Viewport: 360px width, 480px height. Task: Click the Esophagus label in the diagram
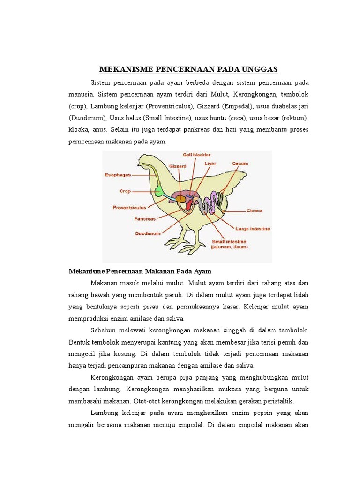118,175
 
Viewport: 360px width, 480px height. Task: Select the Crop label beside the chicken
125,191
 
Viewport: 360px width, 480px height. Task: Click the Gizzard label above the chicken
178,165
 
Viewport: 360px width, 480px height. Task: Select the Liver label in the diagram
210,164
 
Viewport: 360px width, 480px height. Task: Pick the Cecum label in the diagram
240,164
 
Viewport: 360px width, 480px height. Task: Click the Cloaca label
255,210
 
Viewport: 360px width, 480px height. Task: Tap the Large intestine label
253,229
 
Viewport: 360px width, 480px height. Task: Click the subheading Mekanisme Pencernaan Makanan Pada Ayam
140,271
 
